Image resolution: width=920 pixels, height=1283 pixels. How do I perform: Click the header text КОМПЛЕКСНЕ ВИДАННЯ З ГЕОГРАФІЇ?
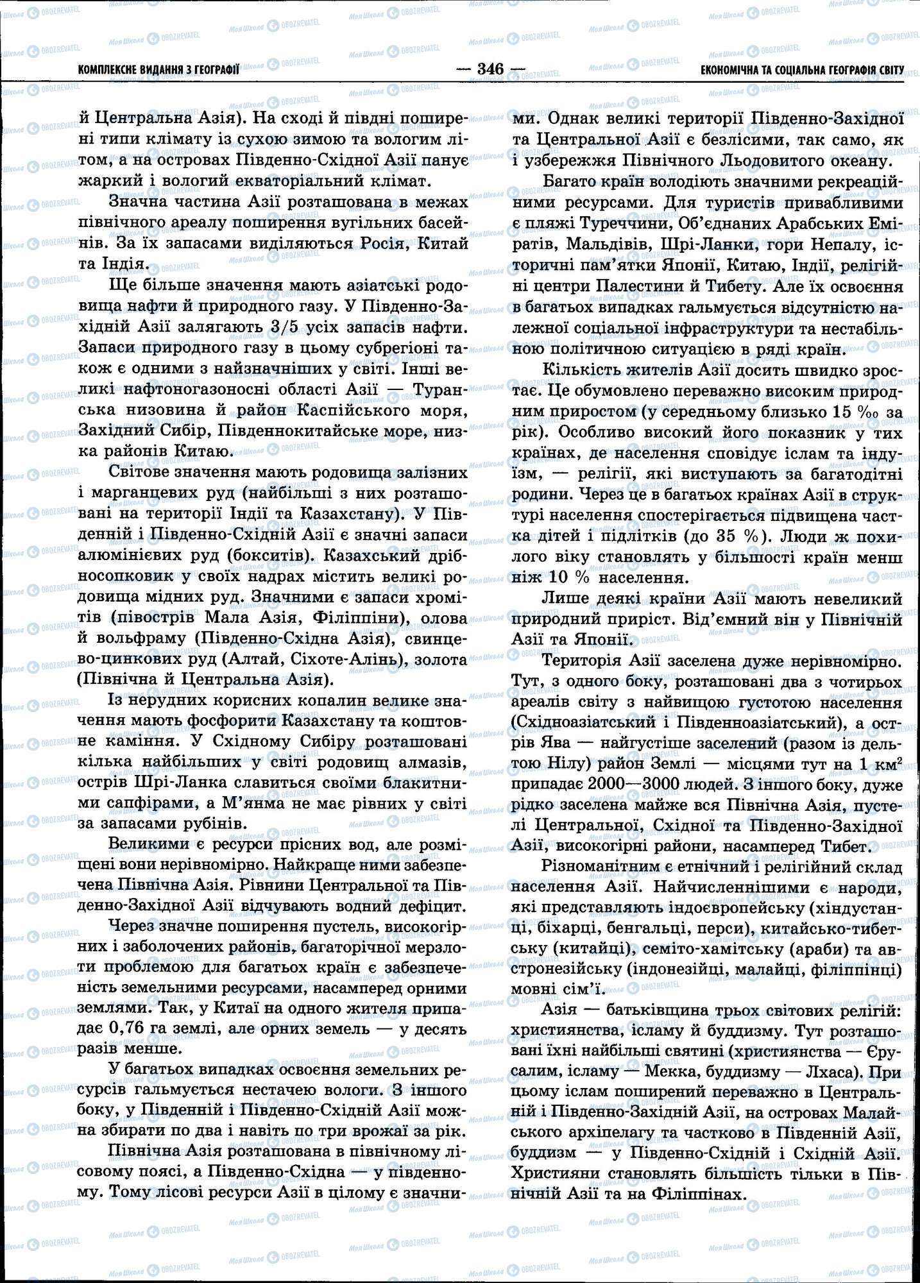click(158, 69)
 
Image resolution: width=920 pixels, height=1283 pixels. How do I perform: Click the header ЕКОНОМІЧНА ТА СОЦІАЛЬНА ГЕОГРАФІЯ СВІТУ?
click(802, 69)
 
